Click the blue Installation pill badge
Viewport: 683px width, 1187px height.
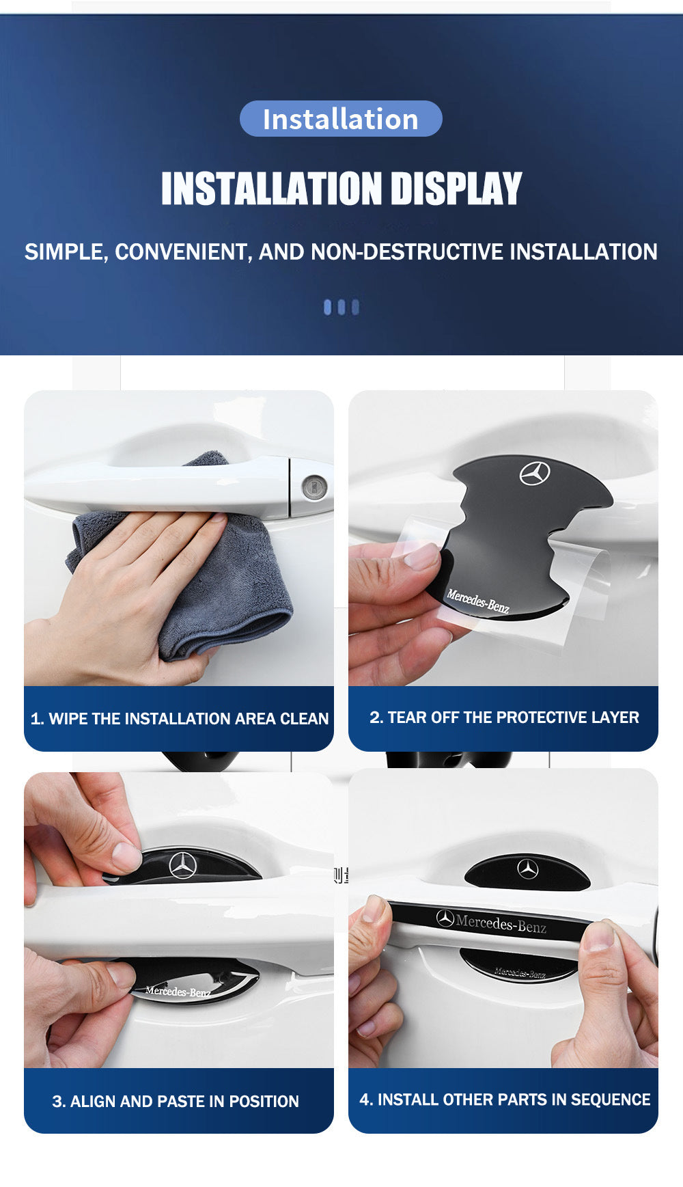tap(341, 119)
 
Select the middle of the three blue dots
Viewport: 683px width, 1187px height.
tap(341, 307)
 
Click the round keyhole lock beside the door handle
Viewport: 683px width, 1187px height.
tap(314, 487)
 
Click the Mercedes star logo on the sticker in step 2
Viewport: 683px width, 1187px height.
tap(535, 473)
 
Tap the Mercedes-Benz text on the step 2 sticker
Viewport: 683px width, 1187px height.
tap(478, 601)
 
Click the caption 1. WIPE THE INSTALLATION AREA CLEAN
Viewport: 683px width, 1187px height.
tap(180, 718)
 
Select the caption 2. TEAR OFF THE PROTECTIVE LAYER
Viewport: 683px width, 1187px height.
tap(504, 717)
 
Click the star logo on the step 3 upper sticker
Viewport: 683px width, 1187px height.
tap(183, 865)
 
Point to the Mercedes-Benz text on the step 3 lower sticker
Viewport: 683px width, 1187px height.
tap(178, 991)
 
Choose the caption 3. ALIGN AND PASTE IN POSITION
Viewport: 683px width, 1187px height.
tap(176, 1101)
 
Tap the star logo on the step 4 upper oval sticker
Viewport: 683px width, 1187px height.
tap(527, 869)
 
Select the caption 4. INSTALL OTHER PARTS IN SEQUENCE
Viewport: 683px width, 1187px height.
tap(505, 1099)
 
